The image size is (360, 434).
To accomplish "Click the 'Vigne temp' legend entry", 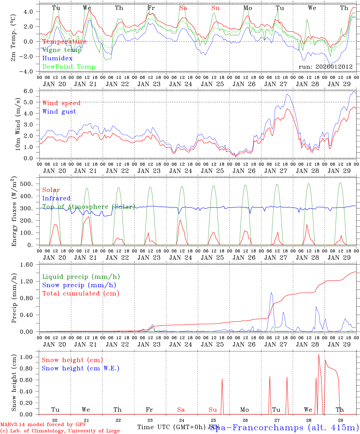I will [62, 50].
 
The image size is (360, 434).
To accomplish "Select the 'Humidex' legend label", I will [58, 58].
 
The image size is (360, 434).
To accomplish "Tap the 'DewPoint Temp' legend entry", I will [69, 67].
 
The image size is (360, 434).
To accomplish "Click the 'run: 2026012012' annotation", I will [326, 67].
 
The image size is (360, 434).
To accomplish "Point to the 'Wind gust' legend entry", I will [59, 112].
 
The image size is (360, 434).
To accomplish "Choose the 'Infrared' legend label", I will [56, 198].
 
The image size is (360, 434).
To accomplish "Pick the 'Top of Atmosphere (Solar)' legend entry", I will [88, 207].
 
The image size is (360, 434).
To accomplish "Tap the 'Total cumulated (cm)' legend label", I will [81, 293].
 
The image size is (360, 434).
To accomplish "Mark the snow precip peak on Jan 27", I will [271, 292].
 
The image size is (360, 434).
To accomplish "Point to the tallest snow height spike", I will [319, 355].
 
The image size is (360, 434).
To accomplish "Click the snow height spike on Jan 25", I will [222, 379].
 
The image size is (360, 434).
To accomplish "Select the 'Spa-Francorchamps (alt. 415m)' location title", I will [284, 427].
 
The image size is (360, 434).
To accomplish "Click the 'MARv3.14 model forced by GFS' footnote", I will [43, 425].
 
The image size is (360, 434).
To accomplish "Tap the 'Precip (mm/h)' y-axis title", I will [14, 298].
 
